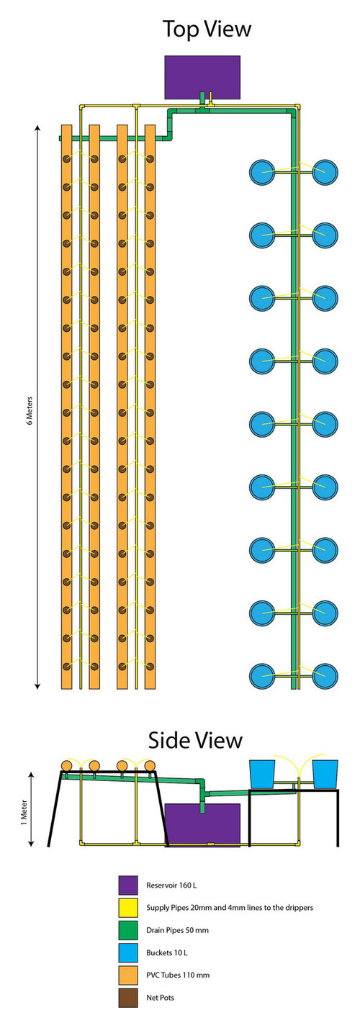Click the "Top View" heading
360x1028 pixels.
[x=207, y=29]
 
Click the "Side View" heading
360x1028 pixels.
[x=195, y=739]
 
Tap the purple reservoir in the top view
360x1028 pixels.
[x=202, y=77]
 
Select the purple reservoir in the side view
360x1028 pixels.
[x=202, y=824]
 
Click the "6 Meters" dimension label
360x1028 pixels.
[x=30, y=410]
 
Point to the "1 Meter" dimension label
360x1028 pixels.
[x=24, y=813]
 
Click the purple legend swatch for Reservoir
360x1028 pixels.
[x=128, y=885]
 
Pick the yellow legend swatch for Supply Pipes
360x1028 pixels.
[x=128, y=907]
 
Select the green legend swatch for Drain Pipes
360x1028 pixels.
[x=128, y=930]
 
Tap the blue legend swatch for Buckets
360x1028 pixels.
[x=128, y=952]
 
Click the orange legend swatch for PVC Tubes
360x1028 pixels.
[x=128, y=975]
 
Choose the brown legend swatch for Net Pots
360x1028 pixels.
[x=128, y=997]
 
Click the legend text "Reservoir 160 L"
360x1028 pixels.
[x=171, y=885]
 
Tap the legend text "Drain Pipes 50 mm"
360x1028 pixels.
[x=177, y=930]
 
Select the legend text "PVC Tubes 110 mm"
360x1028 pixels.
[x=178, y=975]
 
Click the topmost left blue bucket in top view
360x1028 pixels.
[x=262, y=172]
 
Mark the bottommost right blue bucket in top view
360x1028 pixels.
[x=325, y=676]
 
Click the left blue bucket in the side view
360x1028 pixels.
[x=262, y=774]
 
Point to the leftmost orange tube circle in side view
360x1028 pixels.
[x=66, y=765]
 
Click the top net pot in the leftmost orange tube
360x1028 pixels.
[x=66, y=159]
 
